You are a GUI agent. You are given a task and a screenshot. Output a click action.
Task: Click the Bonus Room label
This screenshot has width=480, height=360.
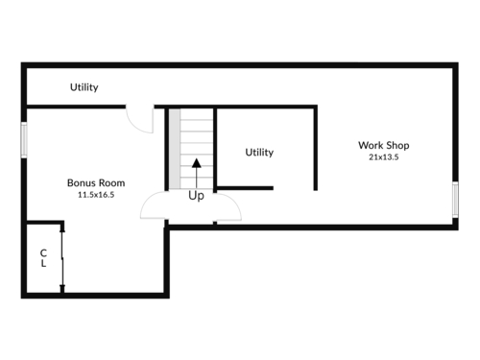point(96,182)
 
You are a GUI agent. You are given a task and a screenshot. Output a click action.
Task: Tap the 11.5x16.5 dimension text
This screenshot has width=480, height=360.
point(96,195)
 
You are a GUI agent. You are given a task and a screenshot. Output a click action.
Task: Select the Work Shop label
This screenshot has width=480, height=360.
point(384,145)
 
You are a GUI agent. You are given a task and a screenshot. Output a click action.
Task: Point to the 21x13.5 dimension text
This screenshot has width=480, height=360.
point(384,157)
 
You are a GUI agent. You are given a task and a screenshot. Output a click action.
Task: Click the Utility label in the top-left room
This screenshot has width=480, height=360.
point(84,87)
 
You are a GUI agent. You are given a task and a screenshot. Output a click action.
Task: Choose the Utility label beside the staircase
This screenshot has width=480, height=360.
point(259,152)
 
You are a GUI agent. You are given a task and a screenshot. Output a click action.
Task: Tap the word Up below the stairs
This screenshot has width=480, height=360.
point(196,196)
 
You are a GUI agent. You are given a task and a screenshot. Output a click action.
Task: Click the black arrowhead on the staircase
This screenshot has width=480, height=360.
point(197,163)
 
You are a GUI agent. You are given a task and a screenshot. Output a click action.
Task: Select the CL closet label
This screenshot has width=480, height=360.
point(43,258)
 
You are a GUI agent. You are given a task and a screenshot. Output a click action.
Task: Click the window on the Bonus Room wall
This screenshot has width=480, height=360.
point(24,140)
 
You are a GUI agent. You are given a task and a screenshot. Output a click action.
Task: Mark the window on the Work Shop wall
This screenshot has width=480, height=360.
point(455,200)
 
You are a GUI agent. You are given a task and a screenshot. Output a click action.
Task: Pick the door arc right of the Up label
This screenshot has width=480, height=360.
point(233,201)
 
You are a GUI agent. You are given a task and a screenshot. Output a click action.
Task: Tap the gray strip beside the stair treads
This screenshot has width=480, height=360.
point(175,149)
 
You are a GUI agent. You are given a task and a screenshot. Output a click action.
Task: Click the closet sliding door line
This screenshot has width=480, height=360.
point(62,258)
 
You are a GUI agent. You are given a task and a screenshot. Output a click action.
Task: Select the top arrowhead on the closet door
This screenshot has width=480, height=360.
point(62,228)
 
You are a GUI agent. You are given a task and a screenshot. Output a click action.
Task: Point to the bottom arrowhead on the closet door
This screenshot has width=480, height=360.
point(62,288)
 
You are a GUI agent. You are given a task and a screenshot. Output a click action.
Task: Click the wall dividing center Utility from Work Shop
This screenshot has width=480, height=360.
point(315,148)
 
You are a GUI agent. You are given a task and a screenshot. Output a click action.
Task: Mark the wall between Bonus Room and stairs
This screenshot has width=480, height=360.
point(166,149)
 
